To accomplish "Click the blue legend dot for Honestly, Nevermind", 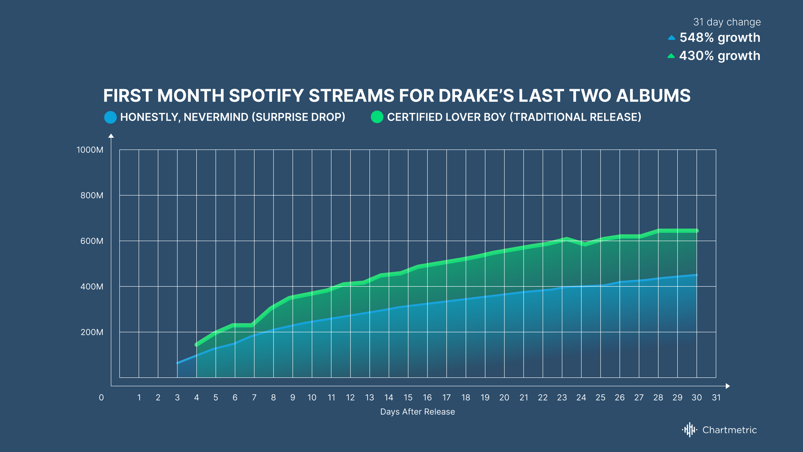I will point(110,117).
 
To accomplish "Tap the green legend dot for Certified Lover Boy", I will point(377,117).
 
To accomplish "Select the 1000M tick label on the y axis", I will point(90,150).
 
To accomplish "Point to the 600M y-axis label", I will point(92,241).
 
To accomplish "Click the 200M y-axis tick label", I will point(92,332).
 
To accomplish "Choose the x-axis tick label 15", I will point(408,398).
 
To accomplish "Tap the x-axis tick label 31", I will point(716,398).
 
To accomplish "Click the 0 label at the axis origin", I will point(101,398).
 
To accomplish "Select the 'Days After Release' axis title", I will point(418,412).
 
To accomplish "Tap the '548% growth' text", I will point(720,38).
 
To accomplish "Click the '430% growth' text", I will point(719,56).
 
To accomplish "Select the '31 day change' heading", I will point(727,22).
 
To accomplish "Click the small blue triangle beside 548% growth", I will point(671,38).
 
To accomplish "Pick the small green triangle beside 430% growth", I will point(671,56).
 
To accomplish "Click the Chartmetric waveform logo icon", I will point(689,430).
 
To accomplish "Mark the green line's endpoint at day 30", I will point(697,231).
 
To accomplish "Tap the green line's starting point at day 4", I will point(196,345).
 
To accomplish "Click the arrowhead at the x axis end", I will point(728,386).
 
